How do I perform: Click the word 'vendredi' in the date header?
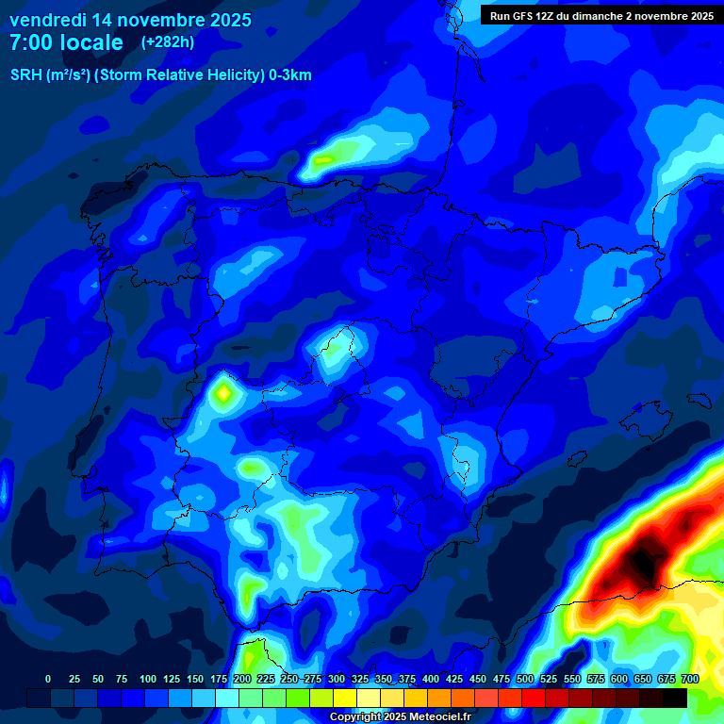click(x=48, y=20)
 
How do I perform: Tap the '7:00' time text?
click(x=34, y=42)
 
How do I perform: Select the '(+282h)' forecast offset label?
click(x=167, y=42)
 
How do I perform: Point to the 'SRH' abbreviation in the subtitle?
click(x=25, y=75)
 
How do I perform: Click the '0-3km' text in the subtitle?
click(x=289, y=75)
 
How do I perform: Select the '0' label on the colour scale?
click(x=48, y=679)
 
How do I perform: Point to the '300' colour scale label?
click(x=336, y=679)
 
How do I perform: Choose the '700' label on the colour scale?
click(x=689, y=679)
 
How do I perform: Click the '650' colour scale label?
click(x=643, y=679)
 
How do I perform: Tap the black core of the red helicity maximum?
click(x=644, y=562)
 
